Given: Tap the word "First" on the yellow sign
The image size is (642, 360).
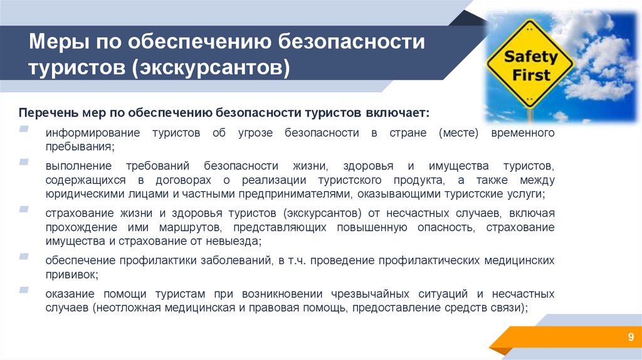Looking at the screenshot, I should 532,75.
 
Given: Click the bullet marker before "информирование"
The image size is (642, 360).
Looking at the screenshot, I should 23,129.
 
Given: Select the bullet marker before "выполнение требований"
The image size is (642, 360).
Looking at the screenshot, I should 23,162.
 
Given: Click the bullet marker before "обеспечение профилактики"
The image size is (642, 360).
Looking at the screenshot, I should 23,256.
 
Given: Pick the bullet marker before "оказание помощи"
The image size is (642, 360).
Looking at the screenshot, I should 23,289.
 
